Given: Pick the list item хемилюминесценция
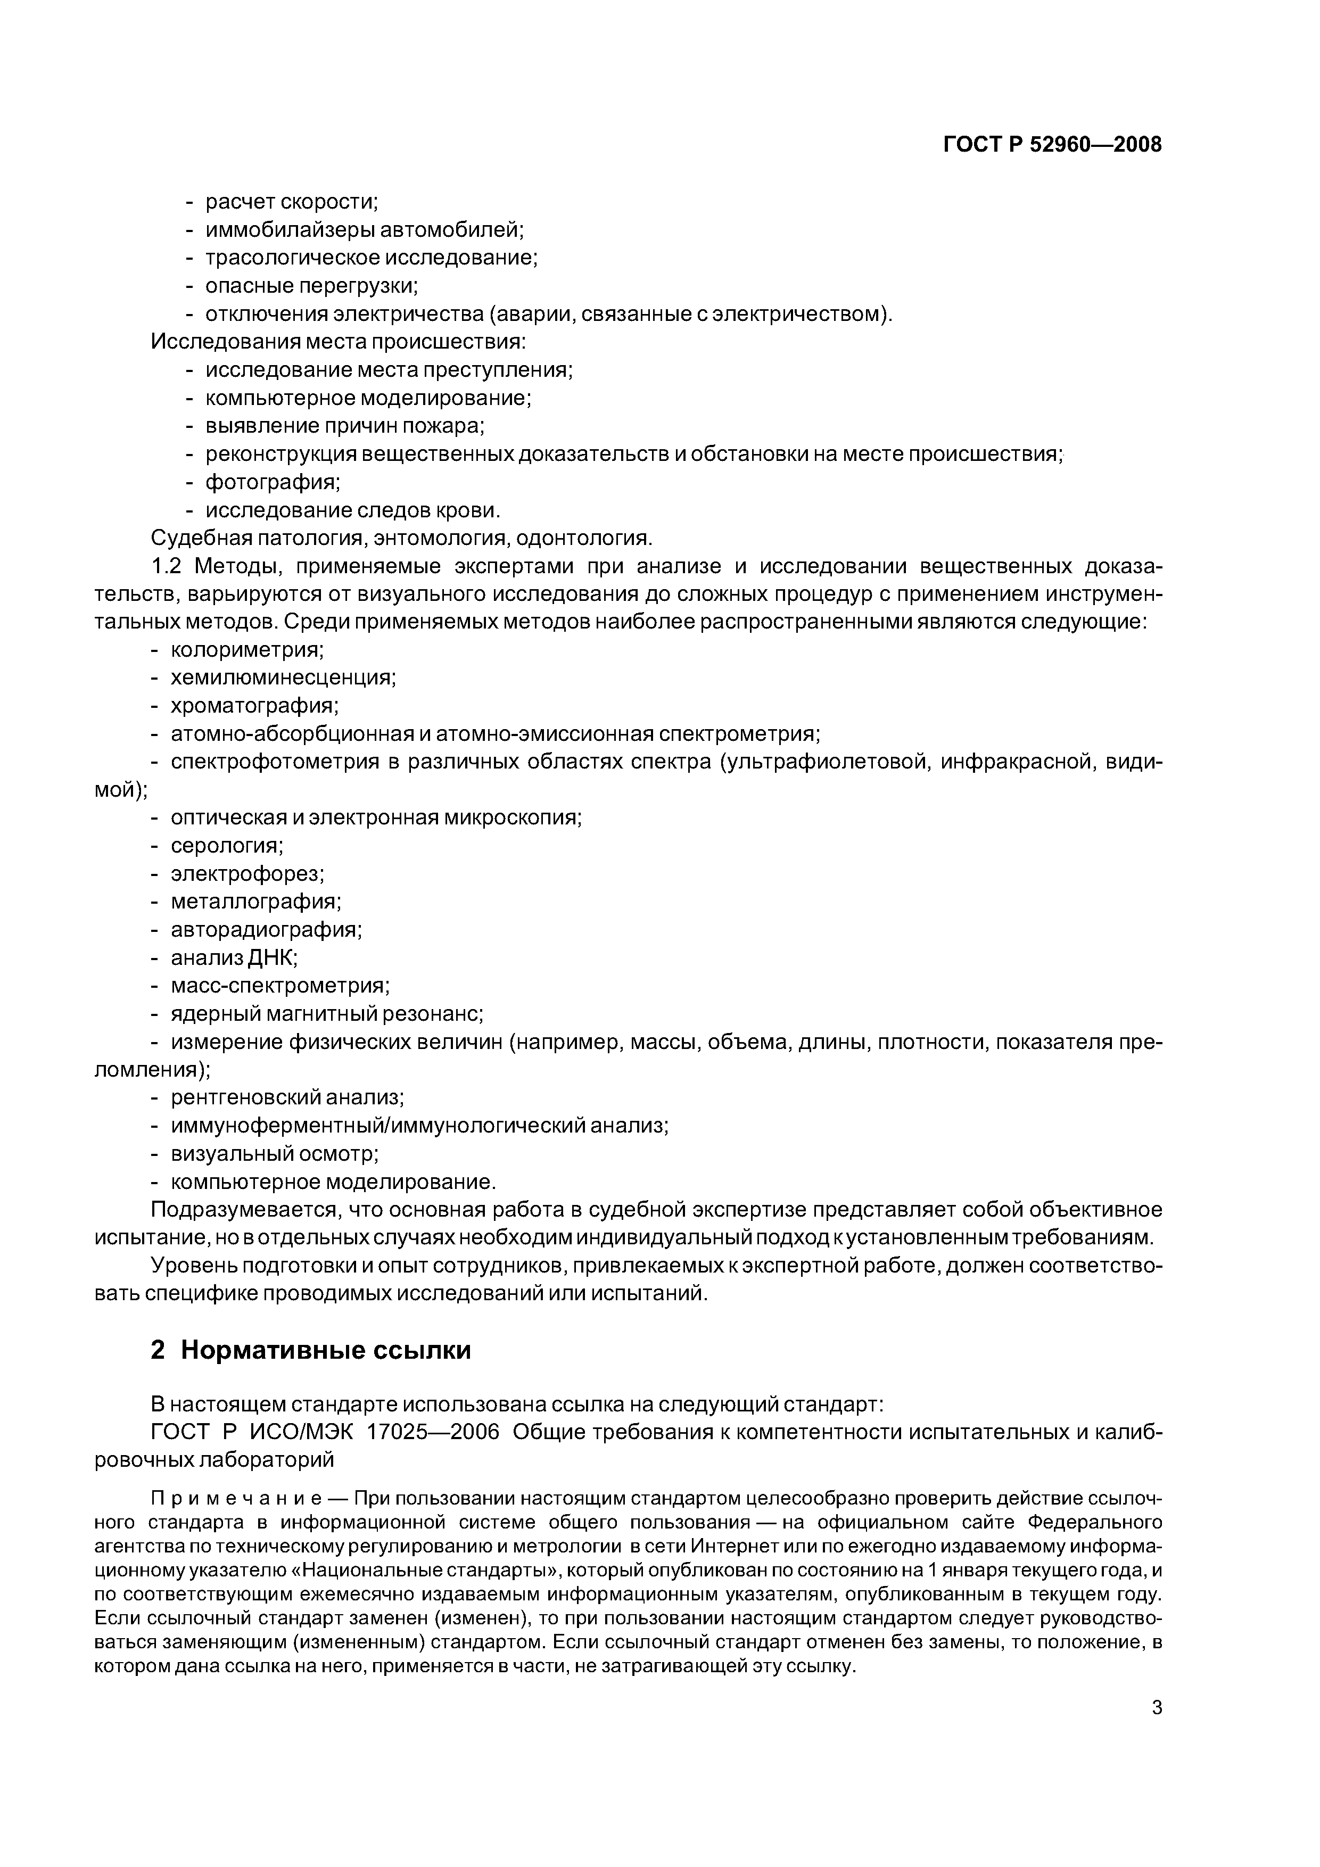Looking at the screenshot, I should coord(283,678).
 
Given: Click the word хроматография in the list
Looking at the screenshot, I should coord(254,705).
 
